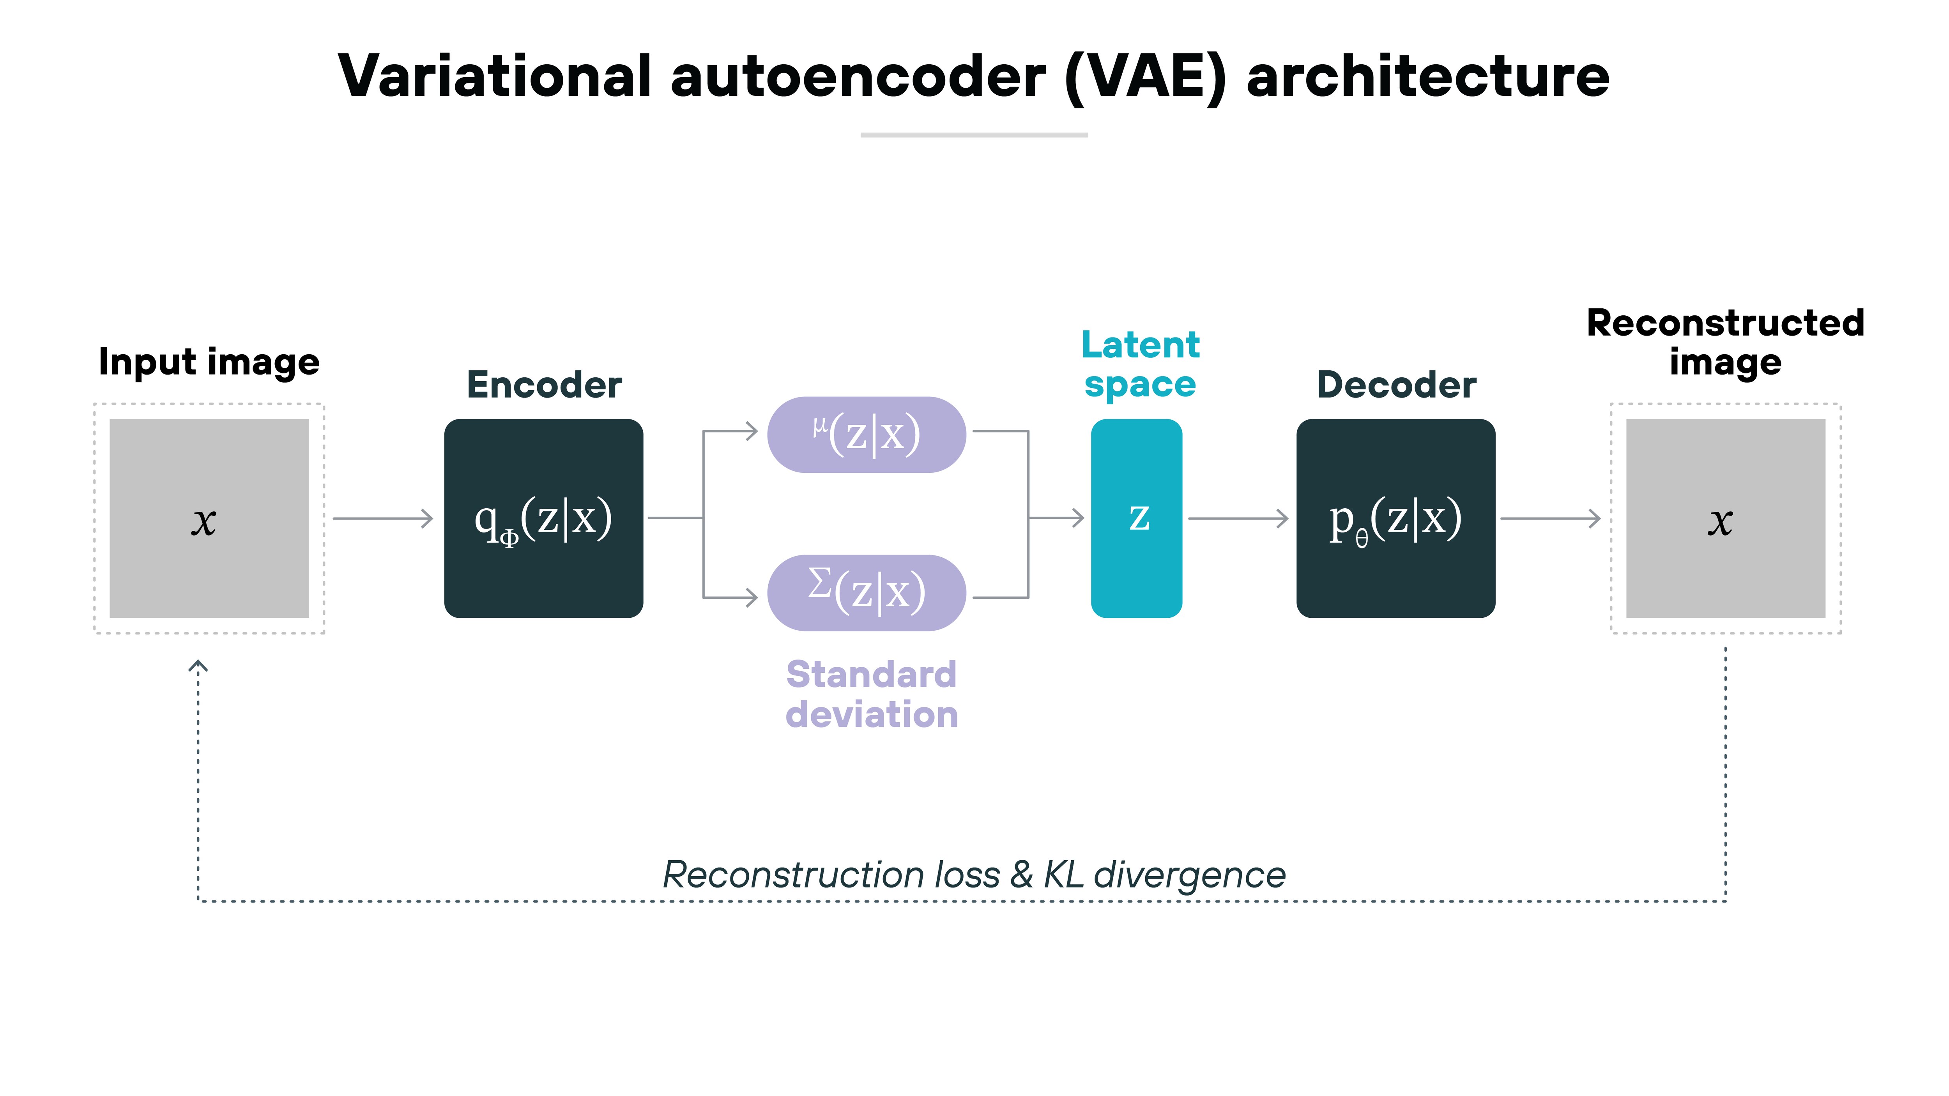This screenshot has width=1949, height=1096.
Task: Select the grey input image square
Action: (x=209, y=519)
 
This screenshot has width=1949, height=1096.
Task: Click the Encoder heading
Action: (x=544, y=385)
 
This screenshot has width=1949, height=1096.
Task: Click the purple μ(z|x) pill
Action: (x=866, y=435)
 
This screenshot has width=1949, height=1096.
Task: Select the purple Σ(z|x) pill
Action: (x=866, y=593)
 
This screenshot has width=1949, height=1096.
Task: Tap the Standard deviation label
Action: (x=872, y=694)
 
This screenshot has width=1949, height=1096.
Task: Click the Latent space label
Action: (x=1139, y=364)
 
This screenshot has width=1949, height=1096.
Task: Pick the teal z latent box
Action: (x=1136, y=519)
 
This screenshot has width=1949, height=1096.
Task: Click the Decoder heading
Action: (x=1396, y=385)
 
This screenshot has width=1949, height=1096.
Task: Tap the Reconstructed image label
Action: (x=1725, y=343)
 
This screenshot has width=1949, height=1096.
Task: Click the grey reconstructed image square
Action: (x=1725, y=519)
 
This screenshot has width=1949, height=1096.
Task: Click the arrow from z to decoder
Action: (x=1238, y=519)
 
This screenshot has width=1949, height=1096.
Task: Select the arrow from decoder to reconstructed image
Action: (x=1549, y=519)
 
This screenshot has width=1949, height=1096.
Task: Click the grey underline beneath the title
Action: (x=974, y=134)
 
